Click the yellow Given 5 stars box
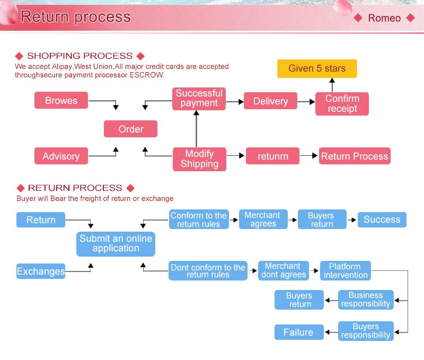tap(317, 68)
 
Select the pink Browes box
tap(61, 101)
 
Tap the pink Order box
tap(130, 129)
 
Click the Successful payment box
tap(199, 99)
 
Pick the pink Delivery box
tap(270, 101)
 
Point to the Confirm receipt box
tap(342, 104)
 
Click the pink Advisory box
tap(61, 156)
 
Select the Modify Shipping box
tap(199, 159)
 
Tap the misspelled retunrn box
tap(272, 156)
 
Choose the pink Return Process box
tap(355, 156)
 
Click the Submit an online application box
tap(116, 243)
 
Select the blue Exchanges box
tap(41, 271)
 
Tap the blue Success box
tap(382, 219)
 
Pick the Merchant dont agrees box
tap(284, 270)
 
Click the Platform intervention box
tap(346, 270)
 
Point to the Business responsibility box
tap(366, 300)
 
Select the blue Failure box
tap(298, 332)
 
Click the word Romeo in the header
tap(384, 18)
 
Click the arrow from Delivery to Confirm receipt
tap(306, 101)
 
